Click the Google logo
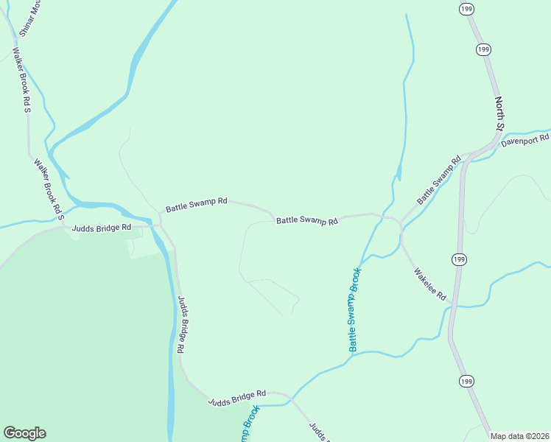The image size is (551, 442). [24, 433]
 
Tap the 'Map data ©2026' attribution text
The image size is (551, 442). [519, 436]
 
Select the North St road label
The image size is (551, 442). [499, 114]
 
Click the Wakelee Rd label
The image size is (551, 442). [430, 284]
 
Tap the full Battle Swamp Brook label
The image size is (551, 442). [354, 309]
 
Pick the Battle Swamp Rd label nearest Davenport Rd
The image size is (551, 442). [438, 180]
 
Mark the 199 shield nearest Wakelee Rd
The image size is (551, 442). [459, 259]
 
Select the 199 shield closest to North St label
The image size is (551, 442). [483, 49]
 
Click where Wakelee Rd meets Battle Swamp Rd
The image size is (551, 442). [400, 222]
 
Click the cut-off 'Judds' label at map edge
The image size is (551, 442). [317, 432]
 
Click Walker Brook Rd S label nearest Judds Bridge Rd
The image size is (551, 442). [49, 189]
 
